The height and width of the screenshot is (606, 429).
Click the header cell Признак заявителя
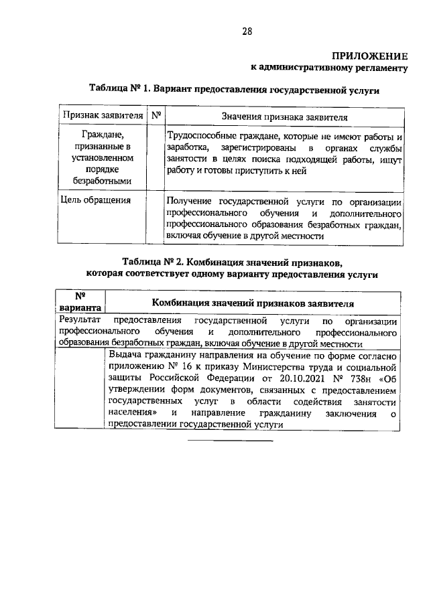click(x=103, y=115)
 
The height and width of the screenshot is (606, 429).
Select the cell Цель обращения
click(x=95, y=200)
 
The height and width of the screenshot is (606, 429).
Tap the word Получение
click(x=190, y=201)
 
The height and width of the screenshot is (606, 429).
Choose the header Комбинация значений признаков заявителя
click(x=252, y=303)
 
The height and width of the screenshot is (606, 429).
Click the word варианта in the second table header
click(x=79, y=307)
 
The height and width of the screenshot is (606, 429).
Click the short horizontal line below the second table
click(x=230, y=442)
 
